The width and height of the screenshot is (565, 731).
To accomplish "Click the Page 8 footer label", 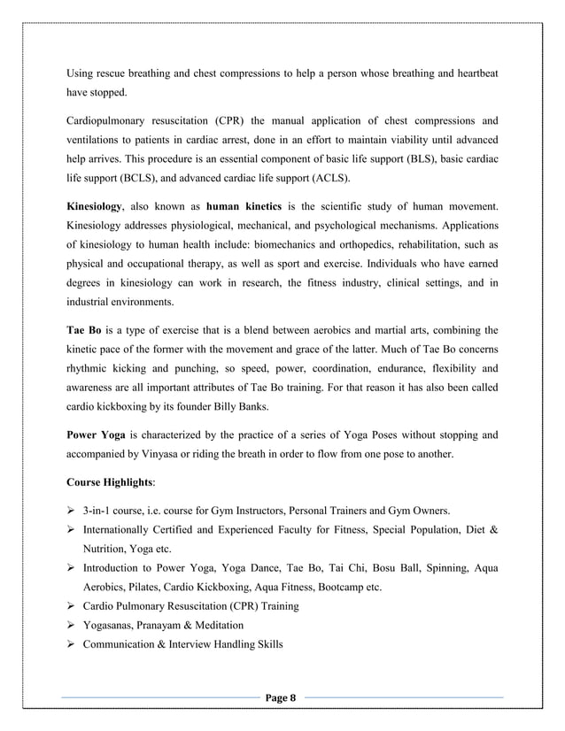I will (282, 699).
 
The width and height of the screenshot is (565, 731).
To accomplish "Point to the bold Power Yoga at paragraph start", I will (98, 435).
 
